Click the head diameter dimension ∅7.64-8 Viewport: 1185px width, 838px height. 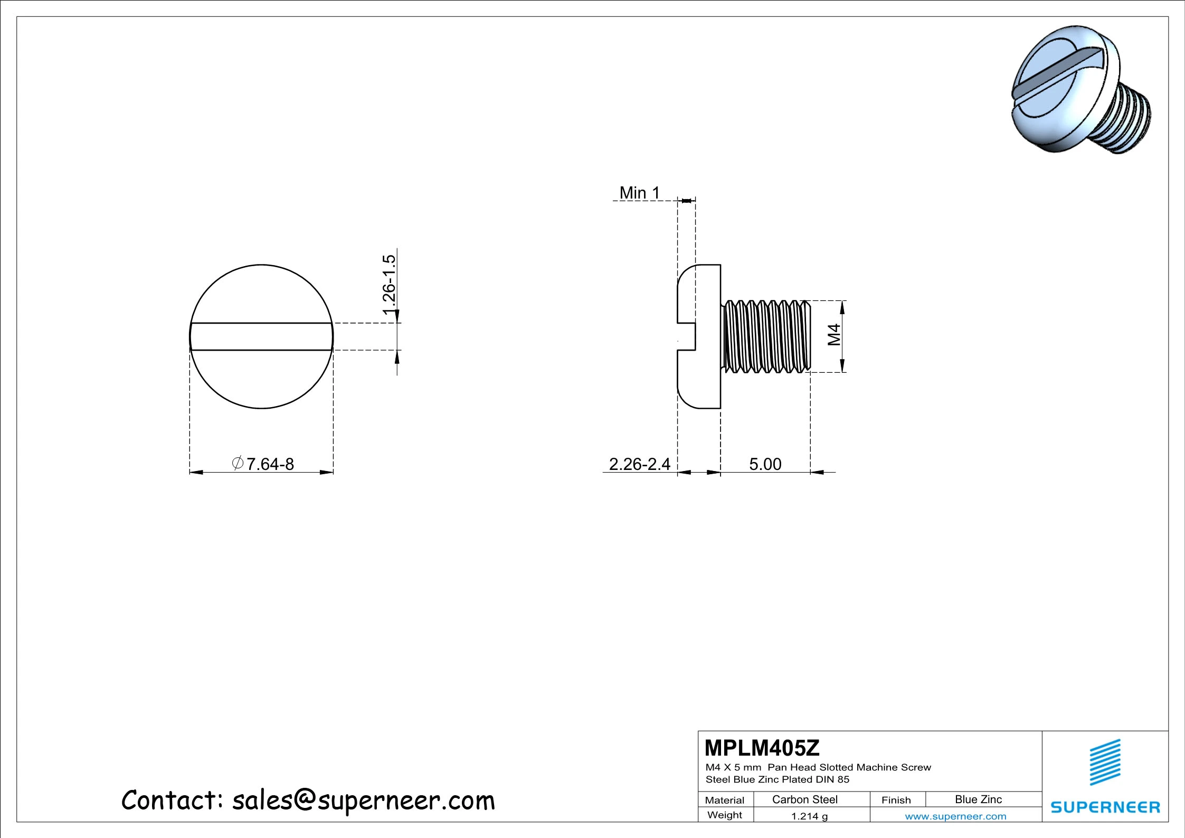[x=263, y=464]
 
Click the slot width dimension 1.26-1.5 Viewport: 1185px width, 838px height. [x=389, y=285]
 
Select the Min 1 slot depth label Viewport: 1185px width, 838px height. [x=639, y=193]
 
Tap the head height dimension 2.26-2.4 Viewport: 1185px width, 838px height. [x=639, y=464]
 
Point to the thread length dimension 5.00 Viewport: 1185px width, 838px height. [x=765, y=464]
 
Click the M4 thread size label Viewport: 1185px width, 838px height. [x=834, y=335]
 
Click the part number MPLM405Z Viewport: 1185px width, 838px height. [x=762, y=748]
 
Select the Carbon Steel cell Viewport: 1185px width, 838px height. [x=804, y=799]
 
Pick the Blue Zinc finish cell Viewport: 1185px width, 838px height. [x=978, y=799]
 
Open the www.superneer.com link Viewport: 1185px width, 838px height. [x=955, y=816]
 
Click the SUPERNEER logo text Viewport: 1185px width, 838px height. [x=1105, y=807]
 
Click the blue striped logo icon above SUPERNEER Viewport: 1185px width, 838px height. [x=1105, y=762]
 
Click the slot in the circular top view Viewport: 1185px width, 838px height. [x=261, y=336]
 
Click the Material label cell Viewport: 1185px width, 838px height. [x=724, y=800]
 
